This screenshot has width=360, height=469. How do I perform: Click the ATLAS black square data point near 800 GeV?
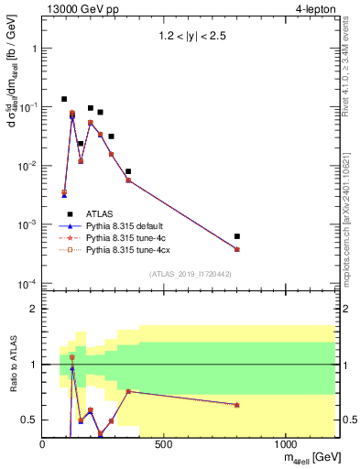[x=237, y=236]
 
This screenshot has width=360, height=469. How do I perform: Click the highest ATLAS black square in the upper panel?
[x=64, y=99]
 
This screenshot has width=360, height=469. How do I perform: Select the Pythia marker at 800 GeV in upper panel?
[x=237, y=249]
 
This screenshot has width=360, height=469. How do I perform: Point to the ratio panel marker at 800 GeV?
[x=237, y=404]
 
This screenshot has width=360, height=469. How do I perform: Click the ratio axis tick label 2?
[x=33, y=309]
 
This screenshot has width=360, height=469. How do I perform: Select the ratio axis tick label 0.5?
[x=29, y=420]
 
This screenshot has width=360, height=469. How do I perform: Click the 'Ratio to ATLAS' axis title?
[x=12, y=364]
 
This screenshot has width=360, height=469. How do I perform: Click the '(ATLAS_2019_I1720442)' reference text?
[x=189, y=274]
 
